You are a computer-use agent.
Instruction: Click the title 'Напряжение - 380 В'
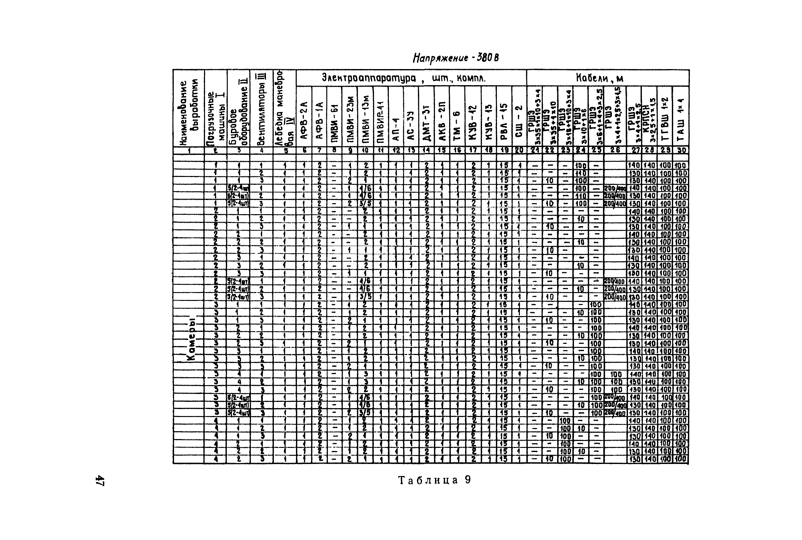coord(455,58)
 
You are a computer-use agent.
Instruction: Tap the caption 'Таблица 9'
coord(434,480)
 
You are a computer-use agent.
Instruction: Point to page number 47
coord(100,480)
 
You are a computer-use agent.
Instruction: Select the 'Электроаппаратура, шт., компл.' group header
coord(404,78)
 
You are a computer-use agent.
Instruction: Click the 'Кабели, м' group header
coord(600,78)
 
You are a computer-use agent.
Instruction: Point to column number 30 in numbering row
coord(680,150)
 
